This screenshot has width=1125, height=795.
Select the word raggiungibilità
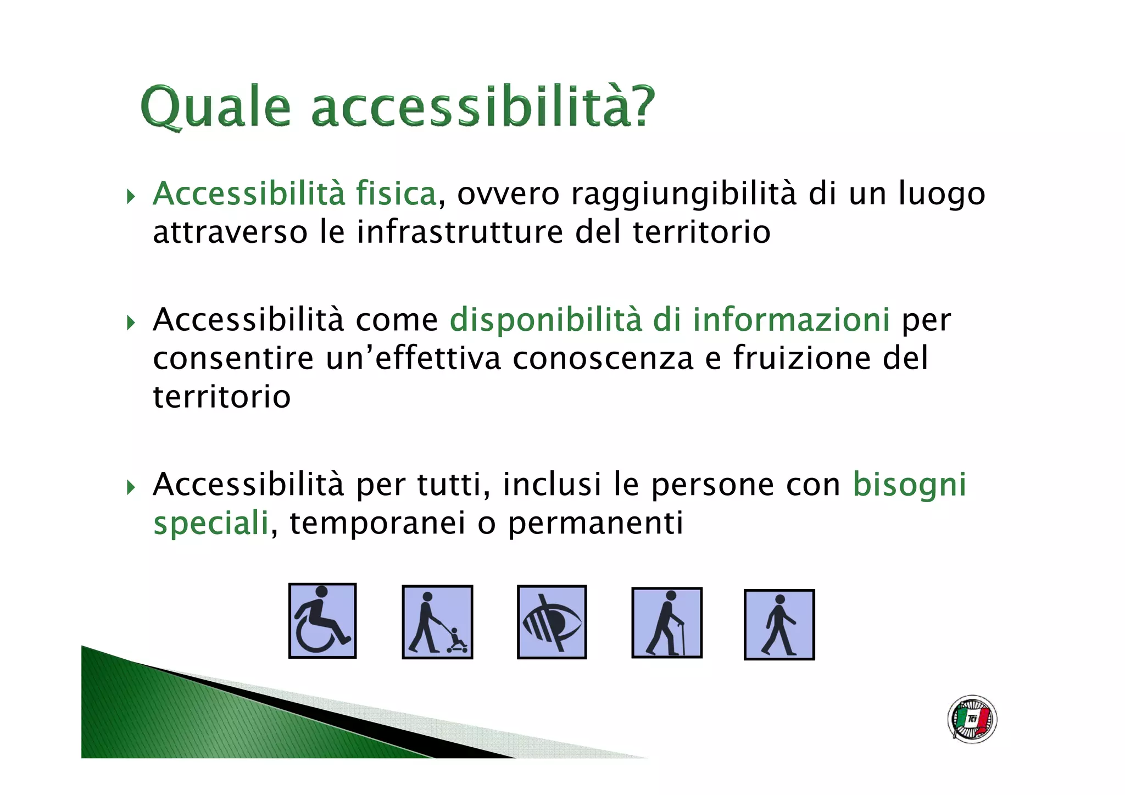coord(683,195)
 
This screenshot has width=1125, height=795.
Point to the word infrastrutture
coord(460,232)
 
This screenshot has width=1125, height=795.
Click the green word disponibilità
coord(545,320)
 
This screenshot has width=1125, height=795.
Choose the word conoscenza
coord(603,358)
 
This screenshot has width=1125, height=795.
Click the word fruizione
coord(803,358)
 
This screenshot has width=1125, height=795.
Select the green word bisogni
coord(909,486)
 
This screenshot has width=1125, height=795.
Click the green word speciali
coord(211,524)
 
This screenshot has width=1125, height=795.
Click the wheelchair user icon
coord(322,620)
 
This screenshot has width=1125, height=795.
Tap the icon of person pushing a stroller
coord(437,622)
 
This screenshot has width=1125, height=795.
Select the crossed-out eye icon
coord(552,622)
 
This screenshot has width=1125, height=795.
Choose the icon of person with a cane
coord(667,622)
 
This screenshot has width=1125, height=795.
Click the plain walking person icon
coord(779,625)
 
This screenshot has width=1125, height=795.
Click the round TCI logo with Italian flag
coord(972,719)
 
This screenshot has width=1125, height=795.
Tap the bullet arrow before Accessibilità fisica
coord(131,196)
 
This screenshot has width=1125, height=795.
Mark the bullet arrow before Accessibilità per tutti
coord(131,487)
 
